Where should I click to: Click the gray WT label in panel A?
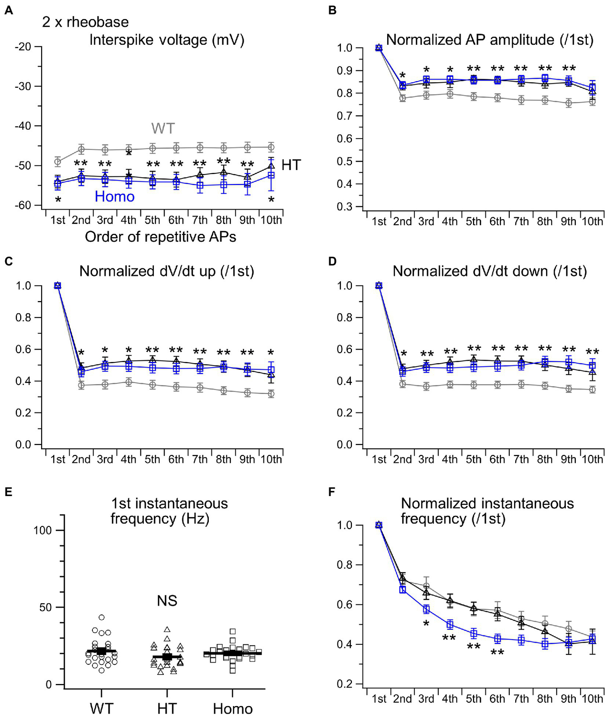(x=163, y=128)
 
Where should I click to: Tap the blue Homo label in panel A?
(x=115, y=197)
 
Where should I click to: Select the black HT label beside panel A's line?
(x=291, y=165)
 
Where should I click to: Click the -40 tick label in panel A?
(x=23, y=126)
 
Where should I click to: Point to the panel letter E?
(x=8, y=492)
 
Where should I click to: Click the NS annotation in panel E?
(x=167, y=601)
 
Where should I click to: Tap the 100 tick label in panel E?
(x=43, y=530)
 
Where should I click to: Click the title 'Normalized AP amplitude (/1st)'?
(x=490, y=40)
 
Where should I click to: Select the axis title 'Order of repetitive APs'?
(x=161, y=237)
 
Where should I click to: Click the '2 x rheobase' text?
(x=85, y=22)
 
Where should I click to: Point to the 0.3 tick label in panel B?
(x=344, y=207)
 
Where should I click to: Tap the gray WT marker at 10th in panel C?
(x=271, y=394)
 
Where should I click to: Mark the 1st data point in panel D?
(x=379, y=286)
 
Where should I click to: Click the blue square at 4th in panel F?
(x=450, y=625)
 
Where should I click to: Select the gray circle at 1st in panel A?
(x=58, y=161)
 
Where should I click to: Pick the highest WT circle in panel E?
(x=102, y=618)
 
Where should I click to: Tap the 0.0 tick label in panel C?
(x=23, y=445)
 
